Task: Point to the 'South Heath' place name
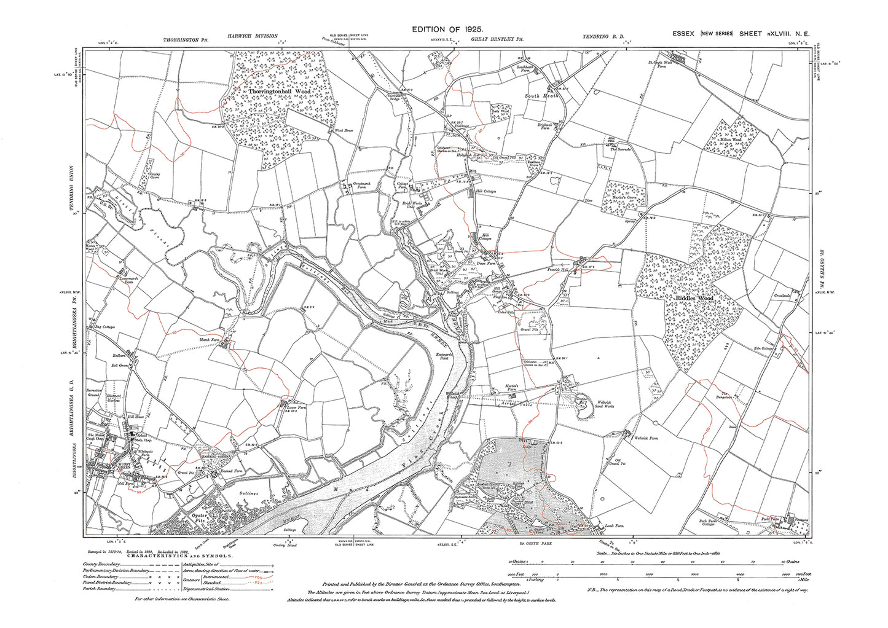coord(541,96)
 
